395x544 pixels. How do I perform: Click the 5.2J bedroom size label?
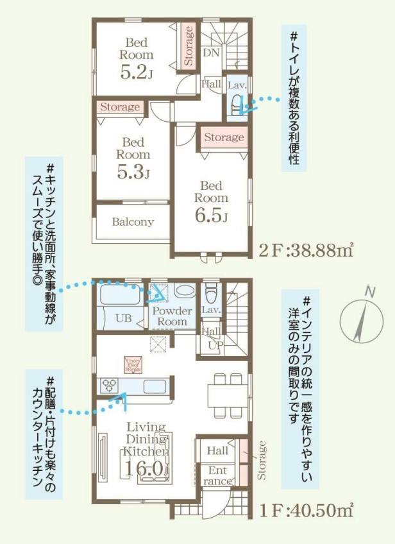point(135,72)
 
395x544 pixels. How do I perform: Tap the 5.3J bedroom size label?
point(133,171)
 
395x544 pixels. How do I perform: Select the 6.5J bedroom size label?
point(211,216)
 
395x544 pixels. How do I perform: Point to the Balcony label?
point(133,222)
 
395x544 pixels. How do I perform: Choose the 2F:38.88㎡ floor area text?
point(307,250)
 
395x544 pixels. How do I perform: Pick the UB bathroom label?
point(122,318)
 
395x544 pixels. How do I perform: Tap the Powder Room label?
point(171,316)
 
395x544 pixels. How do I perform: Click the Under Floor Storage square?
point(133,364)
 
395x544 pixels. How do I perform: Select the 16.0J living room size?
point(147,468)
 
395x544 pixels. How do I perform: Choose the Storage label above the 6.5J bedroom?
point(224,137)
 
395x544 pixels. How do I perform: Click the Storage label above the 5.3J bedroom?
point(120,107)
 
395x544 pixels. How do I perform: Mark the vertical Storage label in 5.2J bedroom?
point(189,46)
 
